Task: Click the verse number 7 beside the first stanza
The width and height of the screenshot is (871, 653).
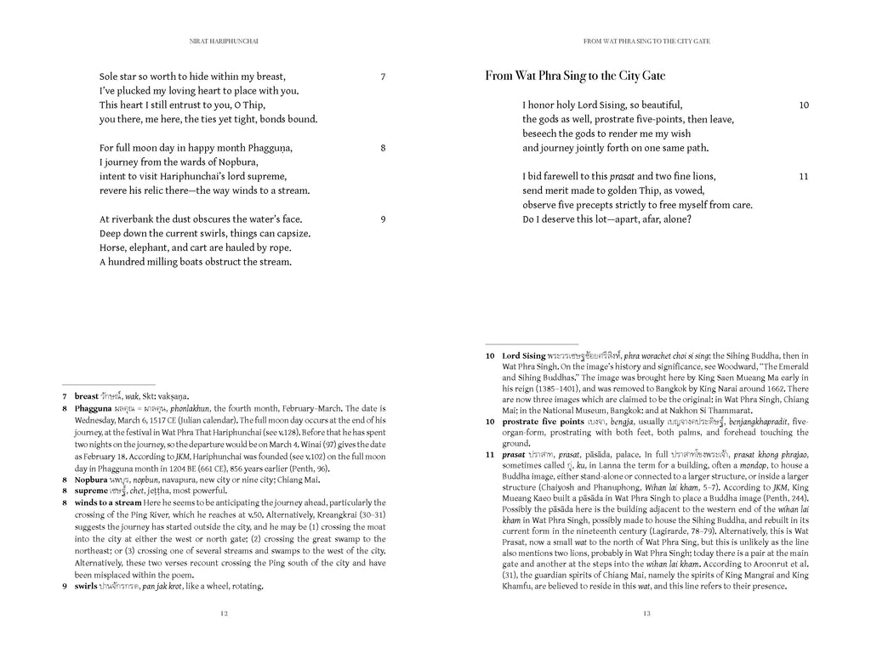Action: click(x=383, y=77)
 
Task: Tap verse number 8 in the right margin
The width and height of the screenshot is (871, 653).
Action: click(x=383, y=148)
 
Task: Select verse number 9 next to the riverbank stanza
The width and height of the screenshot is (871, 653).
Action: click(x=383, y=219)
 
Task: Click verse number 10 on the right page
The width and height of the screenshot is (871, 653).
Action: click(x=804, y=105)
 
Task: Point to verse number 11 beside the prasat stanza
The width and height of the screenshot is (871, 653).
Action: click(x=804, y=177)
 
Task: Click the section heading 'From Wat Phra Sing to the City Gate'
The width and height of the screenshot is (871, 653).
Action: click(x=575, y=76)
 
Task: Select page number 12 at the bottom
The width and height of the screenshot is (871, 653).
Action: click(x=223, y=612)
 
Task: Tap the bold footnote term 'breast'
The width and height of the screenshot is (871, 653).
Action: click(x=87, y=396)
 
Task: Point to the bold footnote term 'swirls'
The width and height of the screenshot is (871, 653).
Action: click(x=86, y=586)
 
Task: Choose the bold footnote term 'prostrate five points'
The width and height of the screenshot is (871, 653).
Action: click(x=543, y=422)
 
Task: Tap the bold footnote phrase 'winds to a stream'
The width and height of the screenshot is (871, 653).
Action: click(x=112, y=503)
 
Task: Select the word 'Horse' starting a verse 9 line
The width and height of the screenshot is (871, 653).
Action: click(x=112, y=247)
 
